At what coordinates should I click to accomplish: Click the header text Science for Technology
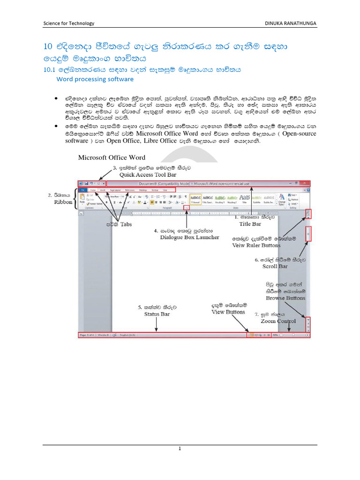pos(68,23)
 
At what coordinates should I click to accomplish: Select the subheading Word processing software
pos(95,79)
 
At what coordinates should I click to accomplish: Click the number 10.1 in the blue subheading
pos(49,69)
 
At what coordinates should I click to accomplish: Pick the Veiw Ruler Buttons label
pos(256,245)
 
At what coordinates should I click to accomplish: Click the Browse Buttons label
pos(285,298)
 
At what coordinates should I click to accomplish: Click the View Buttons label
pos(228,312)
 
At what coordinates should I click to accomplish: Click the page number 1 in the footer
pos(180,449)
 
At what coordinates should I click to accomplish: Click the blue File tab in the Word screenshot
pos(82,190)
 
